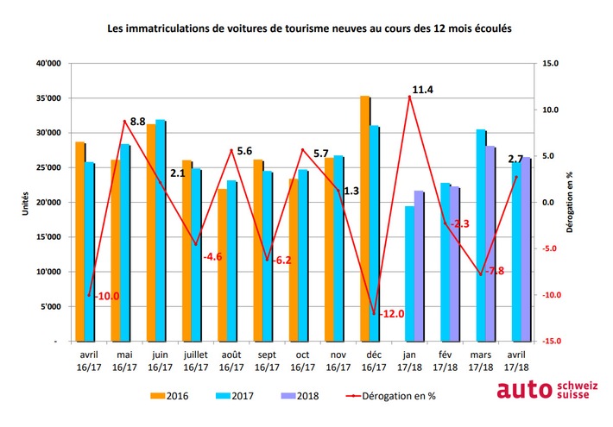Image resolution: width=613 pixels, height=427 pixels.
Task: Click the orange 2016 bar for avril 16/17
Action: [79, 242]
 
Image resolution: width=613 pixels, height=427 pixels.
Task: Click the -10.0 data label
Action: [107, 296]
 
